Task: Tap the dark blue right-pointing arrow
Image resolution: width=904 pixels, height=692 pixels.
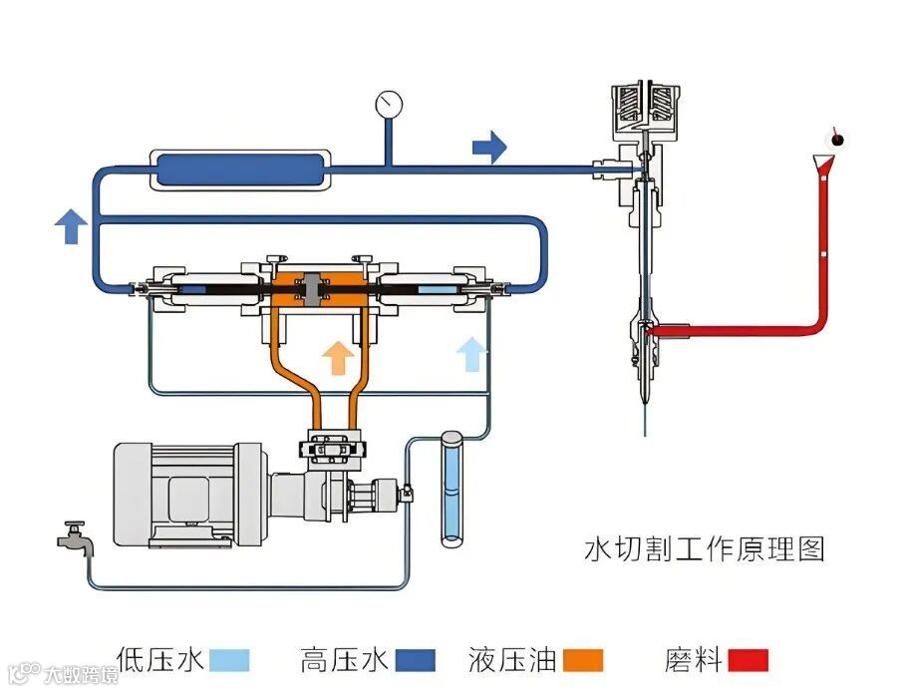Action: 488,148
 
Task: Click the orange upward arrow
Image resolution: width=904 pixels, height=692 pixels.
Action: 338,356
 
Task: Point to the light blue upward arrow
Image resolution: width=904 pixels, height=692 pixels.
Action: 471,353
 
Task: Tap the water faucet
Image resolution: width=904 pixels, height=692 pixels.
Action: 76,538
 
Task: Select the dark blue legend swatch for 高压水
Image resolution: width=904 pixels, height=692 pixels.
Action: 416,660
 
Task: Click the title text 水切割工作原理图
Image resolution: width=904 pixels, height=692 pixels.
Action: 704,548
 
